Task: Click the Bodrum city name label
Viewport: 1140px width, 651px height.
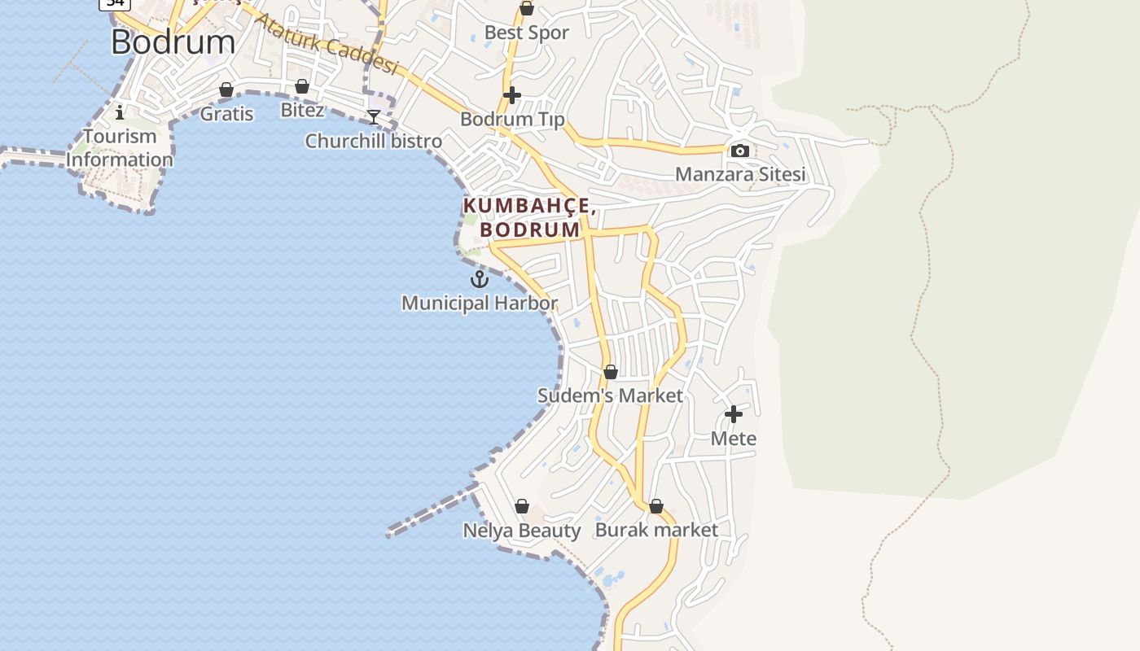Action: [173, 42]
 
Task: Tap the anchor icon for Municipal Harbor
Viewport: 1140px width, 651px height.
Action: [480, 279]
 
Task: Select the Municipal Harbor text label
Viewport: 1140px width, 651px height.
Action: [480, 303]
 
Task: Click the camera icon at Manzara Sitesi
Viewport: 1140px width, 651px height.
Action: [739, 151]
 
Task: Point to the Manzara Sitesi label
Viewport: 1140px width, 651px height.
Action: [739, 174]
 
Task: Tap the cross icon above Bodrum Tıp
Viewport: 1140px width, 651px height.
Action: [511, 95]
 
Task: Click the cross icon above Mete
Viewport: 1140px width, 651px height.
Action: [733, 414]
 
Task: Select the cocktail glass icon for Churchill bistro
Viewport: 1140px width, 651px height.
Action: [373, 117]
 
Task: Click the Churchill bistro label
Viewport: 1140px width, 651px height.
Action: [373, 141]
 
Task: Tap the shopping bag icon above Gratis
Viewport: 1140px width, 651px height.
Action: [226, 90]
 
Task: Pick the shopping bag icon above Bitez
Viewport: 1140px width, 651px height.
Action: [302, 86]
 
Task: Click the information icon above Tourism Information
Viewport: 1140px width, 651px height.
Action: [120, 112]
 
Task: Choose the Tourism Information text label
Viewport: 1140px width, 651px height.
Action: [120, 147]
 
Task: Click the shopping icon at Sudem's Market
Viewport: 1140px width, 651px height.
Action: [610, 372]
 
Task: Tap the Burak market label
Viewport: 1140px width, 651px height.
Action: [656, 530]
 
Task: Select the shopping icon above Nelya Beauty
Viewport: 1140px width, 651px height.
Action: [522, 506]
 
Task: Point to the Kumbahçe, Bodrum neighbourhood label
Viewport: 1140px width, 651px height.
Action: [529, 218]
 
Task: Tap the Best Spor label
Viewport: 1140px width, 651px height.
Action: [526, 33]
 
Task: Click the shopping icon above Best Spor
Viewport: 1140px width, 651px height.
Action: [526, 9]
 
